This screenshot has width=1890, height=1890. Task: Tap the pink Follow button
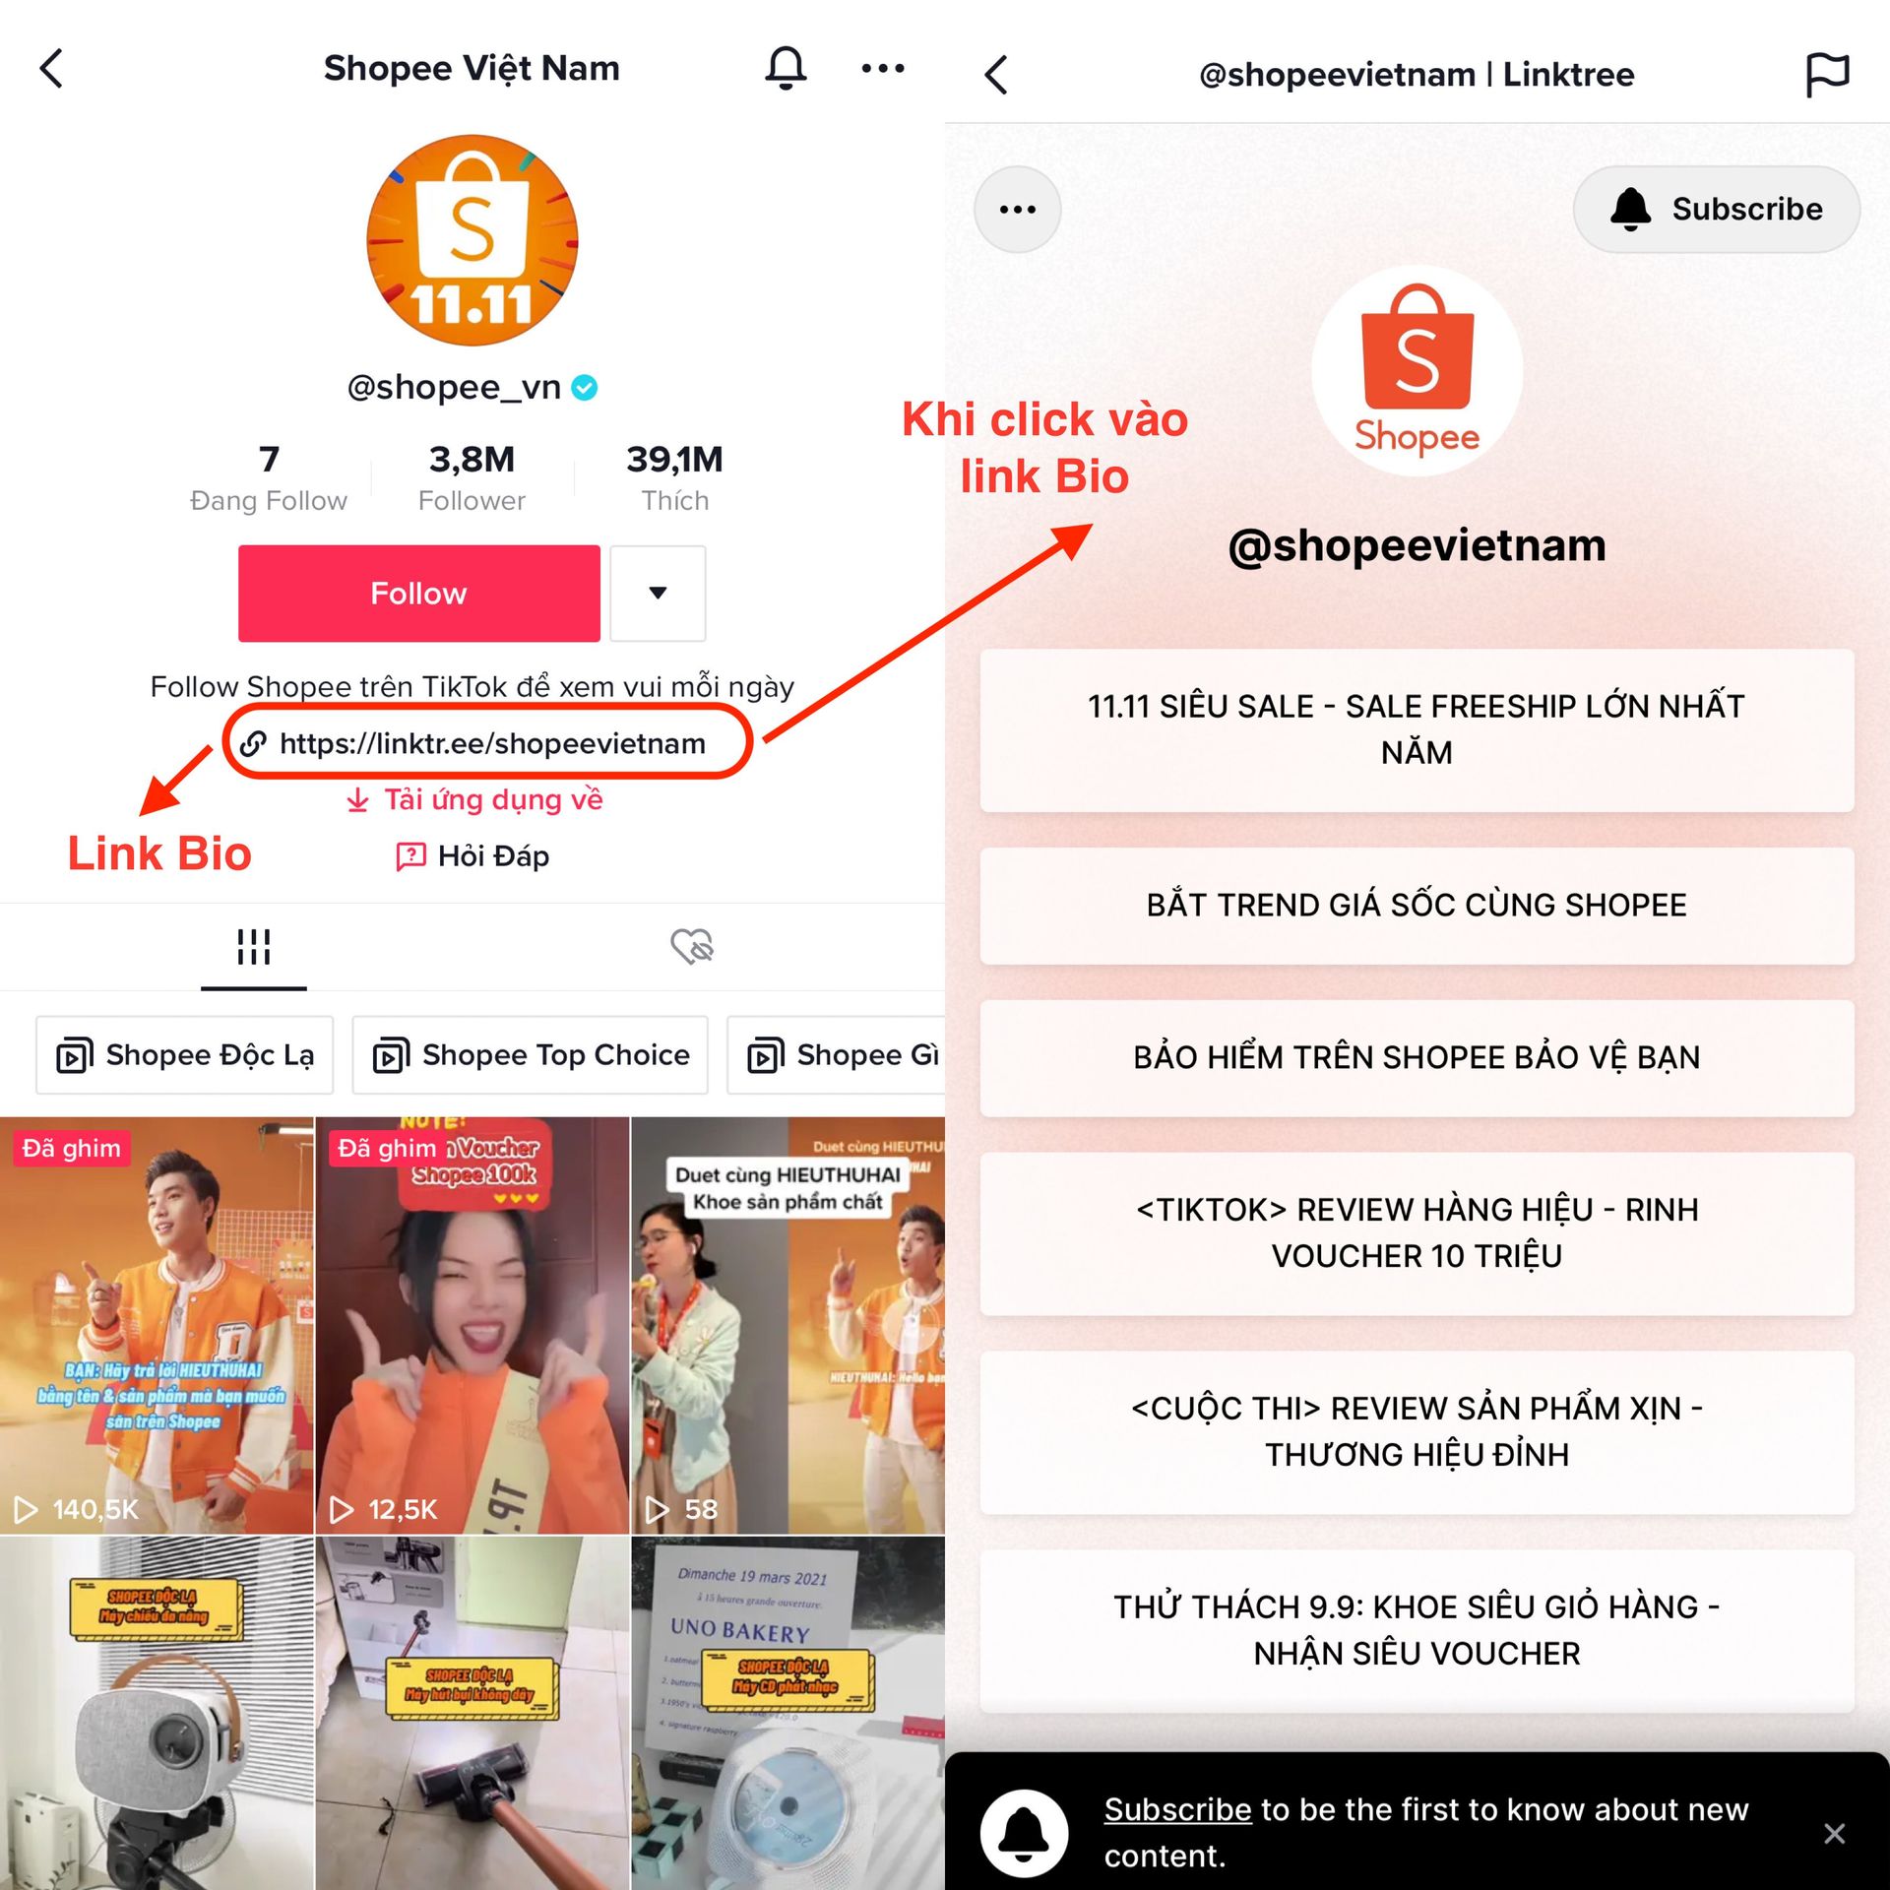(x=418, y=594)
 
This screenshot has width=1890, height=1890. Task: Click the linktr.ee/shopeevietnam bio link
(x=491, y=743)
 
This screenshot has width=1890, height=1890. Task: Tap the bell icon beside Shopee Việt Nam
(x=786, y=68)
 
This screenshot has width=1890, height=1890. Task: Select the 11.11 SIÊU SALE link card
(x=1416, y=729)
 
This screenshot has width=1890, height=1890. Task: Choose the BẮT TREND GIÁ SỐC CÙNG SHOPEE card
(x=1416, y=905)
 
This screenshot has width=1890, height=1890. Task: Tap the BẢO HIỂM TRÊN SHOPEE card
(x=1416, y=1057)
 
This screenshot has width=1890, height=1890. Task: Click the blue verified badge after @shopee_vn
(x=585, y=388)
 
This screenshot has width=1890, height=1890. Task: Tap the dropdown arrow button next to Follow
(x=658, y=594)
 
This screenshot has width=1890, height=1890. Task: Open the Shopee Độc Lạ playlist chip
(x=185, y=1055)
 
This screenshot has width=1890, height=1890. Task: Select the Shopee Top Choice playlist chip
(x=531, y=1055)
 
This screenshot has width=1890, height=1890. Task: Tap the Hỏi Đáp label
(x=492, y=856)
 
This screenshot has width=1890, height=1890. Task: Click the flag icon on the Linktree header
(x=1827, y=74)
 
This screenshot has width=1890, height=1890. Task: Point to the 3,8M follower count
(x=472, y=459)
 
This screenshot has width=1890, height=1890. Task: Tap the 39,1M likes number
(x=674, y=459)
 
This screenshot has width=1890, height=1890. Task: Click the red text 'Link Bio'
(x=159, y=853)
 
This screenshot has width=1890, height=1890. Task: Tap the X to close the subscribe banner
(x=1834, y=1833)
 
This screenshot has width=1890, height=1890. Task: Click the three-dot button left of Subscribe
(x=1017, y=210)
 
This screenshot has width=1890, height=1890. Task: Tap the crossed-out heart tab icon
(x=692, y=946)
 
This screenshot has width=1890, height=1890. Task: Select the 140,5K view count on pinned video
(x=94, y=1509)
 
